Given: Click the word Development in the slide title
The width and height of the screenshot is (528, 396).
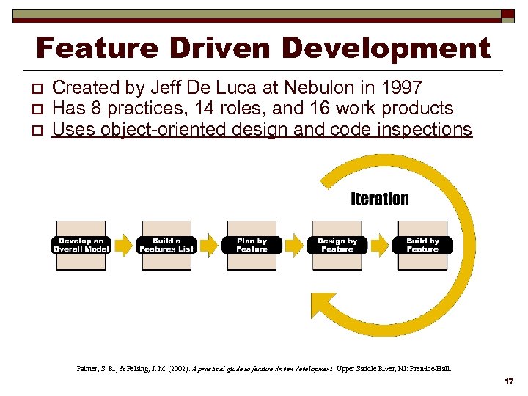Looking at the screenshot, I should (386, 48).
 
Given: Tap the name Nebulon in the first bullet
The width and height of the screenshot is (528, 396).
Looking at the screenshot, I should (301, 88).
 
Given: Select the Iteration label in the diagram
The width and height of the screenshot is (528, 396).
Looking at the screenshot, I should (379, 199).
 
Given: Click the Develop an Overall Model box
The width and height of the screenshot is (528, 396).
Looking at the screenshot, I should (81, 245).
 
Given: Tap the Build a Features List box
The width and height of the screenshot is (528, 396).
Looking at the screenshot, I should (166, 245).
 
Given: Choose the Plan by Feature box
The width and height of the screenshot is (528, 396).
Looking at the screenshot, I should (252, 245).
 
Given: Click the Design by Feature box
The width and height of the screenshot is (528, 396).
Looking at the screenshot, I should (337, 245).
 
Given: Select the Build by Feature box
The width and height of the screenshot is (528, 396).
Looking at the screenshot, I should (422, 245).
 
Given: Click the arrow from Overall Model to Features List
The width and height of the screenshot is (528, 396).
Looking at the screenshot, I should (124, 245).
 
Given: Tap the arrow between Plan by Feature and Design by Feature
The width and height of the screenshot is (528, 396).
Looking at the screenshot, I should (294, 245).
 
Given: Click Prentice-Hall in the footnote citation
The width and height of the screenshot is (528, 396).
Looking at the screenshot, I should (429, 368).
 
